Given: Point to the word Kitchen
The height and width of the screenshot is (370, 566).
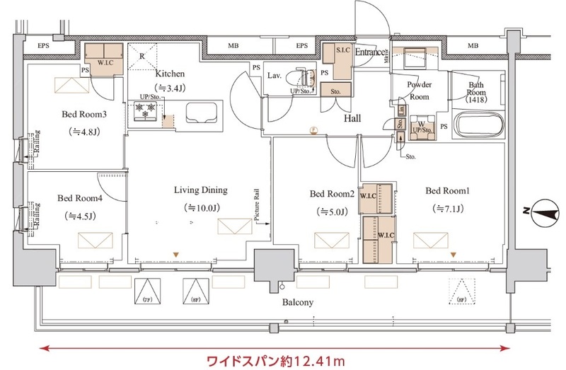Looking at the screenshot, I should coord(171,73).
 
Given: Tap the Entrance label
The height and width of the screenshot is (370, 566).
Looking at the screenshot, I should coord(370,52).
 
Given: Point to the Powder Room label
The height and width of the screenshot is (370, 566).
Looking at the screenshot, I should coord(420,91).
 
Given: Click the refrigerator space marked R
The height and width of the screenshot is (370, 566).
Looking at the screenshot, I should coord(142,56).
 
